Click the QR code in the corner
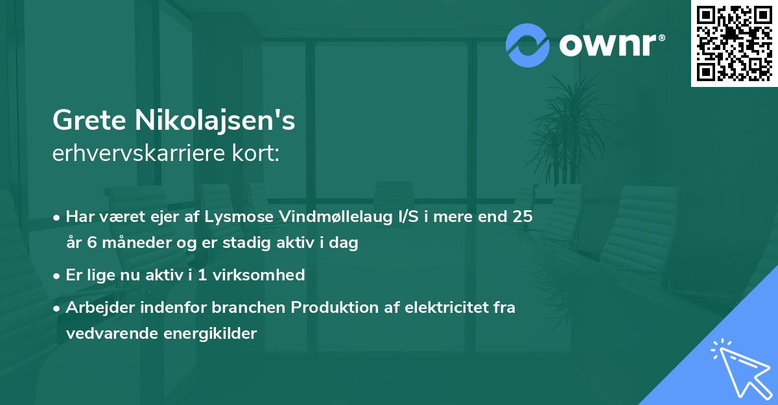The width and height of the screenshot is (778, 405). coord(734,43)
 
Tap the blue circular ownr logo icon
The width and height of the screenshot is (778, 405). coord(527,45)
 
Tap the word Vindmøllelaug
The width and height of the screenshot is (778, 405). coord(335,217)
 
